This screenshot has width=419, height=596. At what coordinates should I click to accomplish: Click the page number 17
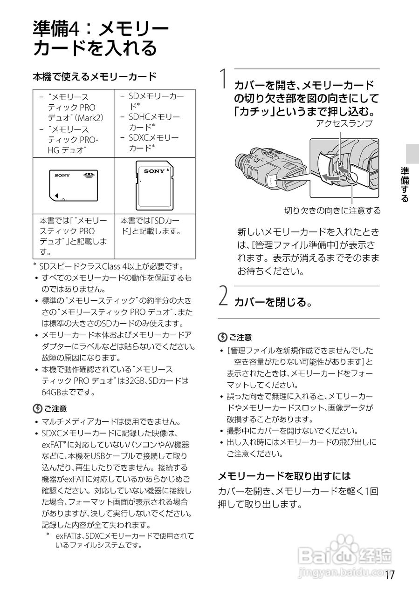[x=390, y=575]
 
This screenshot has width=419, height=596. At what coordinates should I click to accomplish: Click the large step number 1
[x=224, y=79]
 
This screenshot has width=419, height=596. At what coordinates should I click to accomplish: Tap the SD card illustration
[x=155, y=185]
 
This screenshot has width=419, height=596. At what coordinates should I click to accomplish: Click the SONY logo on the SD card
[x=154, y=171]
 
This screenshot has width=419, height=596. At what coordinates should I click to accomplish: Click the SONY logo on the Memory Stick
[x=62, y=175]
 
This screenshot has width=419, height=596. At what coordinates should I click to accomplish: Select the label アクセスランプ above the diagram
[x=344, y=123]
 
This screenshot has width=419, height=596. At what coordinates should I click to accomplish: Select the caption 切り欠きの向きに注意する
[x=332, y=210]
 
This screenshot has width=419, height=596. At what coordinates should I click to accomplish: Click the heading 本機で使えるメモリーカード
[x=94, y=76]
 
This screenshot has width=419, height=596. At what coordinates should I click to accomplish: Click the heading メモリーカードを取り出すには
[x=284, y=476]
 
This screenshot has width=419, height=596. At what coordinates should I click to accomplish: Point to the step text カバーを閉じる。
[x=273, y=302]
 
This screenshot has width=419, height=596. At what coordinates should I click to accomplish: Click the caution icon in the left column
[x=37, y=408]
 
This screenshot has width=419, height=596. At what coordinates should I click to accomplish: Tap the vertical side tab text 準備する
[x=405, y=184]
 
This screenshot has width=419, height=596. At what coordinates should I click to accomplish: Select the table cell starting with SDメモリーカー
[x=154, y=123]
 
